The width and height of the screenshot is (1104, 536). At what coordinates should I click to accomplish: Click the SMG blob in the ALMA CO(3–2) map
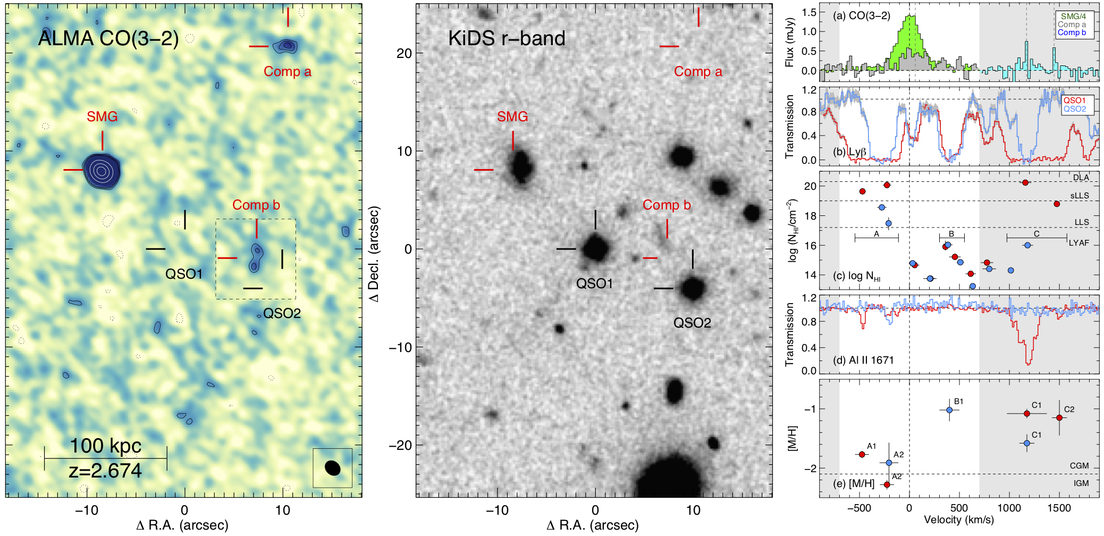point(102,170)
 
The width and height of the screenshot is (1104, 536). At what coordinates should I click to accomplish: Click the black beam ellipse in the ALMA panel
point(333,467)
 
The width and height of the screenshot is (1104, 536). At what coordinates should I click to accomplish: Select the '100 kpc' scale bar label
point(106,446)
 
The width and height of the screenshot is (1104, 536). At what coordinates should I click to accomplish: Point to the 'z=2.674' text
point(105,471)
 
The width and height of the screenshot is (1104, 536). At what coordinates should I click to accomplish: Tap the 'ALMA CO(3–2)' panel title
point(108,38)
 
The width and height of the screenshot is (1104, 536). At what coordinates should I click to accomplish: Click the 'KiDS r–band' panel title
point(506,38)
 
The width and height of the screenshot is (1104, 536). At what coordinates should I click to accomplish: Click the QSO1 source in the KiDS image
point(595,248)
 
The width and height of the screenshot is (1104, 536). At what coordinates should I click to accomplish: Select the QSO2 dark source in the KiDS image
point(693,288)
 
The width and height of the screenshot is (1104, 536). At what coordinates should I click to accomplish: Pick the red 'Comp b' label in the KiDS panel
point(667,205)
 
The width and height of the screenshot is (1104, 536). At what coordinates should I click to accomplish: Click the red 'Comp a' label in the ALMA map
point(287,71)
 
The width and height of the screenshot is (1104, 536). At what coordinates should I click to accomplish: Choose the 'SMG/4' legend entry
point(1073,16)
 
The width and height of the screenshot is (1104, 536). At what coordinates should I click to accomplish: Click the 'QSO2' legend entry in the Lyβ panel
point(1075,109)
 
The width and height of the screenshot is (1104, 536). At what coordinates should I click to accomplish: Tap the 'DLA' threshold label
point(1081,178)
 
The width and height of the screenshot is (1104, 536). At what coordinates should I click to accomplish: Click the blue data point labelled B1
point(949,410)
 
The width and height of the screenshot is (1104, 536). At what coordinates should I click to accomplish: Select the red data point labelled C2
point(1059,417)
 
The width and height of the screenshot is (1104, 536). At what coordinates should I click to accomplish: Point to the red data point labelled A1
point(862,454)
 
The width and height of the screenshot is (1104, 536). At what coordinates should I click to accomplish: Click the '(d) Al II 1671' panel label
point(863,360)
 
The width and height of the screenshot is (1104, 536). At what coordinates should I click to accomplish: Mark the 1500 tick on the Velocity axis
point(1059,508)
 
